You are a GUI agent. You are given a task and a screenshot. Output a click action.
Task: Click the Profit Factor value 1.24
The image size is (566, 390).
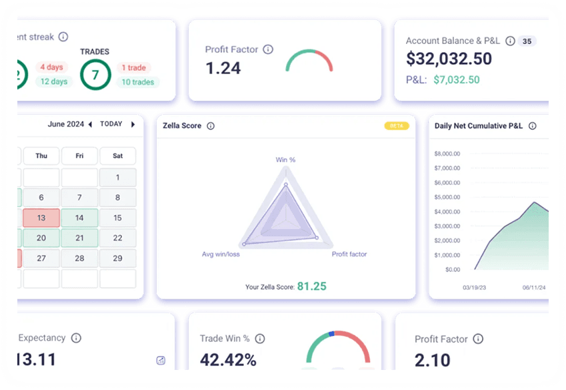223,68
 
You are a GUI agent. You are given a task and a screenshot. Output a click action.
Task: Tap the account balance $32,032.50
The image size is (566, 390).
449,59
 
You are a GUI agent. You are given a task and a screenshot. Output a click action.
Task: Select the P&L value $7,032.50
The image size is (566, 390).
456,79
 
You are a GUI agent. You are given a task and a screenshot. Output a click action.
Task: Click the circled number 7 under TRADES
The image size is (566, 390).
95,75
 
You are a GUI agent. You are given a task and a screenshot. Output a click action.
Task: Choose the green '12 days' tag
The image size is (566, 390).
53,82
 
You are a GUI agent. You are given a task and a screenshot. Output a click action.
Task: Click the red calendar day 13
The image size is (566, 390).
41,218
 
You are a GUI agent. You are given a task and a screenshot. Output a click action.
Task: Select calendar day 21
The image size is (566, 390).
79,238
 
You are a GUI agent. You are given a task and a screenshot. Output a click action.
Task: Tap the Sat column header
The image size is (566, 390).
117,156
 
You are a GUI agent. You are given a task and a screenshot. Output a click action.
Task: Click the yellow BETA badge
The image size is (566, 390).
396,126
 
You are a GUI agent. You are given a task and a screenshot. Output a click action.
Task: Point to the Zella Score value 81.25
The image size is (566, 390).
311,286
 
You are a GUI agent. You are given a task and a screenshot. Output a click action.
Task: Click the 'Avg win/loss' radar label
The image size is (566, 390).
221,254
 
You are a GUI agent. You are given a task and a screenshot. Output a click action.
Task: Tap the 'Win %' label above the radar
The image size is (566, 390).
285,160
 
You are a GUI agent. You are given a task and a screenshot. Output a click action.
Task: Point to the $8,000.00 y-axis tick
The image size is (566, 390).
447,154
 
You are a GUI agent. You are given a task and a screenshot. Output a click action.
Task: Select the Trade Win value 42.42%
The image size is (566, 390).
228,360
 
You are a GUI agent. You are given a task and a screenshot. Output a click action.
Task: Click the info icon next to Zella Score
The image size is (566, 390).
211,126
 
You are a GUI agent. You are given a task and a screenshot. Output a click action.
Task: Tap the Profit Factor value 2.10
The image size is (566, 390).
433,361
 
